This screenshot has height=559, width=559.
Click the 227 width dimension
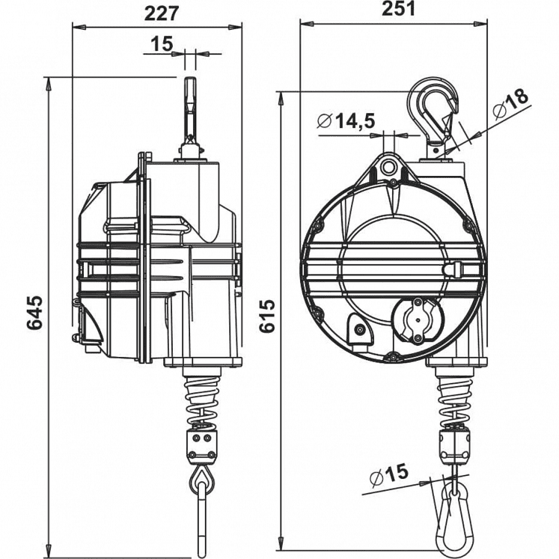point(159,12)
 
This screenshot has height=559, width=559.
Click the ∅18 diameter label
point(510,103)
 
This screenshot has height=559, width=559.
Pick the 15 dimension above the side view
point(161,44)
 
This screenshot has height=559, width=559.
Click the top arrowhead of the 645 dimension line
point(49,81)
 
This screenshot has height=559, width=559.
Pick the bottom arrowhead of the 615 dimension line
point(282,541)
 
